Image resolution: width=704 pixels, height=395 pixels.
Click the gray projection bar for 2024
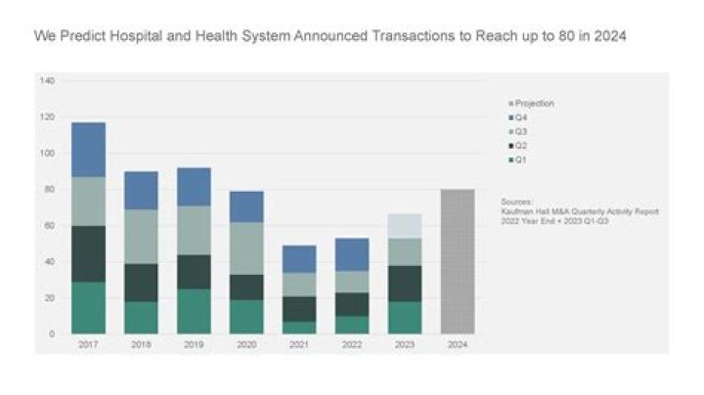[x=457, y=261]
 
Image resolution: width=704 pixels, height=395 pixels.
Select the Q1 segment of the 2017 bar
[x=88, y=308]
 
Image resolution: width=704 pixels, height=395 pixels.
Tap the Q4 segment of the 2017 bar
[x=88, y=150]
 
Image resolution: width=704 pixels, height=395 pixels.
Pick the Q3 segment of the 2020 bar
[x=246, y=248]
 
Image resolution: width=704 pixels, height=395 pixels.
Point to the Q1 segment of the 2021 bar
[x=299, y=328]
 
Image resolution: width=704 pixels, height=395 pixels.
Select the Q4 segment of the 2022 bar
[x=352, y=254]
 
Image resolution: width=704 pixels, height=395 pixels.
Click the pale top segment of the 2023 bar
[x=404, y=226]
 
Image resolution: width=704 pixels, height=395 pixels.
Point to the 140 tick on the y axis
[x=47, y=80]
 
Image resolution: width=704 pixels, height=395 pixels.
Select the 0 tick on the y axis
[x=52, y=334]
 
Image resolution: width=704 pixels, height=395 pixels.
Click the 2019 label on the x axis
[x=194, y=345]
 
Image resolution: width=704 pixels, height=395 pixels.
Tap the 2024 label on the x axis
[x=457, y=345]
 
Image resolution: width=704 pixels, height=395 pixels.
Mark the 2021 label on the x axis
[x=299, y=345]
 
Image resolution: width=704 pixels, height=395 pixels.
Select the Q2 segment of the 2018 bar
[x=141, y=283]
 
